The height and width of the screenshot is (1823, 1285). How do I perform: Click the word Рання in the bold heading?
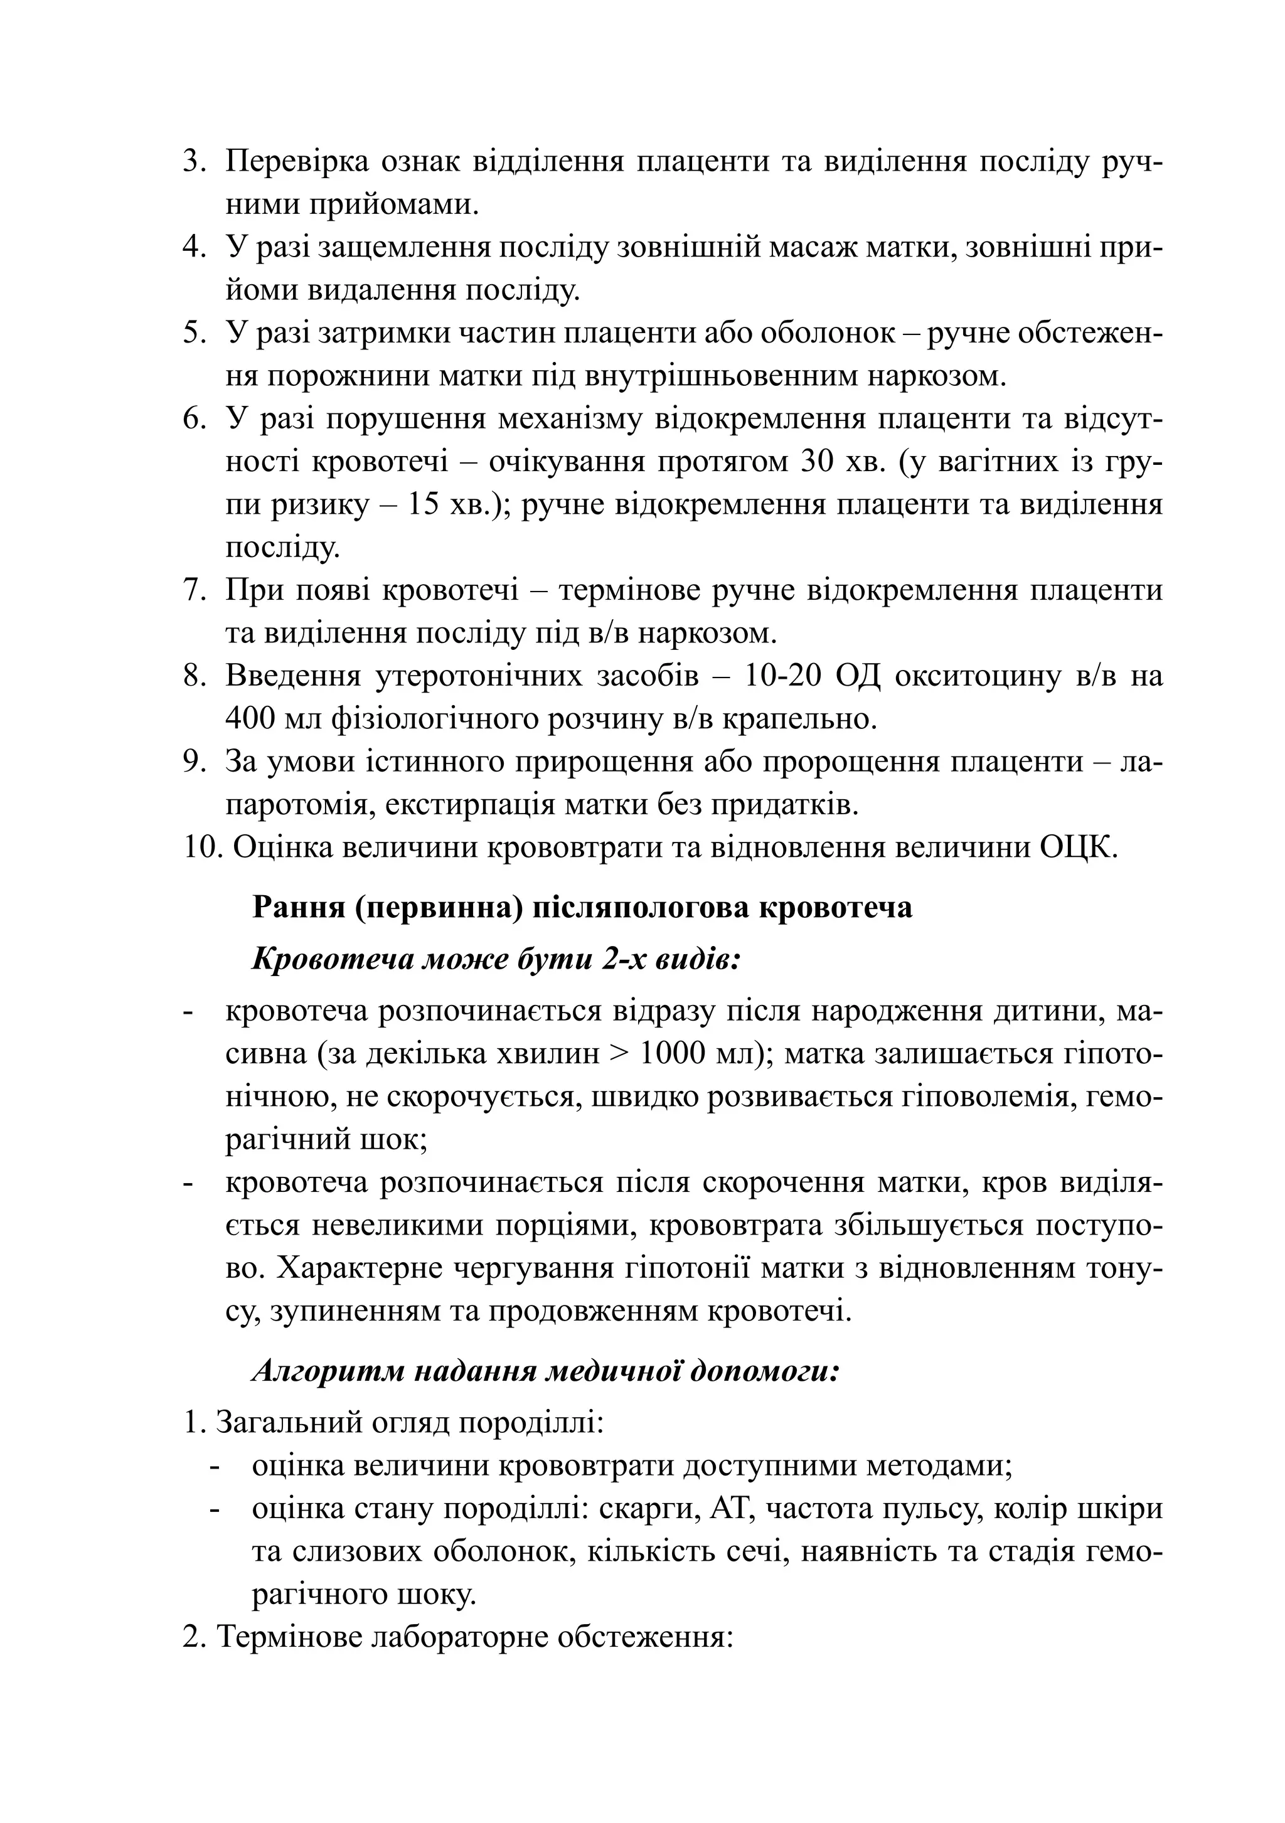[297, 906]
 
